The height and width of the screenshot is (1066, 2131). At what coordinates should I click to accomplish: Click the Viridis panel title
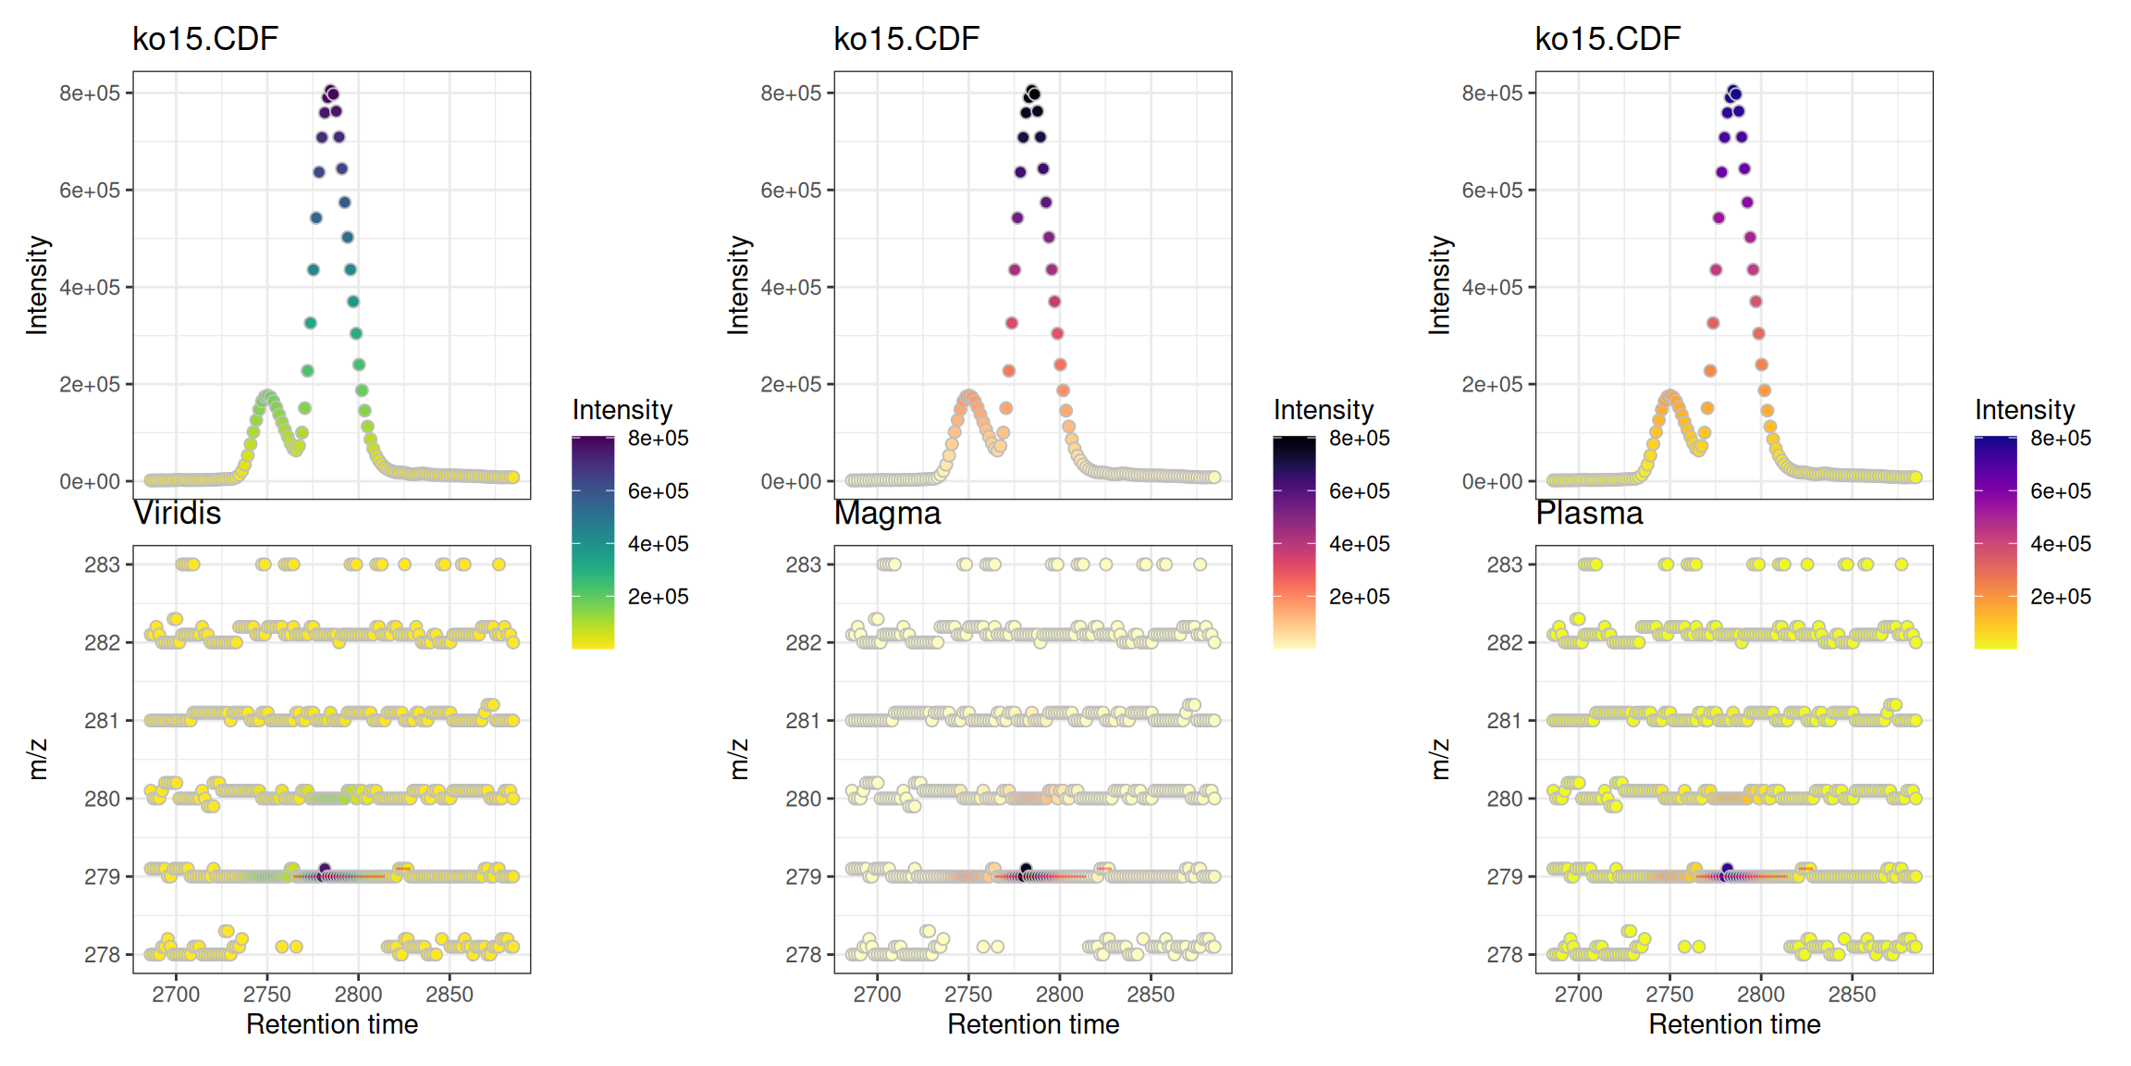click(x=177, y=513)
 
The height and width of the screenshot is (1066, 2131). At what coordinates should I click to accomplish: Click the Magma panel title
click(x=887, y=513)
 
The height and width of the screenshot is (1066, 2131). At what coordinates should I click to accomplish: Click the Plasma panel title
click(x=1589, y=513)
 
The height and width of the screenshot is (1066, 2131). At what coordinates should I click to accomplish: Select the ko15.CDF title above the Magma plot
click(x=905, y=39)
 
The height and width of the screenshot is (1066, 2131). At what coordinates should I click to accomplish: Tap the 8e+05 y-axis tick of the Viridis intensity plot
click(x=90, y=93)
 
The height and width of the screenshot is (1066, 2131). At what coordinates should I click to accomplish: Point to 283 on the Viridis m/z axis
click(x=102, y=564)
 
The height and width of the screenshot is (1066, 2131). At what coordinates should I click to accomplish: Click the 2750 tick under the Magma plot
click(x=967, y=995)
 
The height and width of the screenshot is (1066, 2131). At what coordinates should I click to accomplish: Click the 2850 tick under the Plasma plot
click(x=1852, y=995)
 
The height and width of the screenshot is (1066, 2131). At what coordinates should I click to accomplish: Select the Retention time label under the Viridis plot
click(x=331, y=1024)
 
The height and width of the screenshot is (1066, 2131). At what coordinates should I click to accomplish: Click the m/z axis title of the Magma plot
click(x=738, y=759)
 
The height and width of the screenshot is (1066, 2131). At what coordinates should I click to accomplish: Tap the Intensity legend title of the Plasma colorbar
click(x=2025, y=409)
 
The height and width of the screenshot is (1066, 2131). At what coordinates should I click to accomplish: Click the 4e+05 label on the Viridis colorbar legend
click(x=658, y=544)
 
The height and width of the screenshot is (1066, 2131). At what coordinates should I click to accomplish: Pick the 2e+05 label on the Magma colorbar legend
click(x=1359, y=597)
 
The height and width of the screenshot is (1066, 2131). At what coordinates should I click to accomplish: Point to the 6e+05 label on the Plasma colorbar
click(x=2060, y=491)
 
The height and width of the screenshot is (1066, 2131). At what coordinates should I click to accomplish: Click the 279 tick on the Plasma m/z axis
click(x=1504, y=876)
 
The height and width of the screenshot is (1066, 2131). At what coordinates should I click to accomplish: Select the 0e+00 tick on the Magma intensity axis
click(x=791, y=482)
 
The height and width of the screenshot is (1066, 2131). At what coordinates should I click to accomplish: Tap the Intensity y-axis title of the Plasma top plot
click(x=1439, y=285)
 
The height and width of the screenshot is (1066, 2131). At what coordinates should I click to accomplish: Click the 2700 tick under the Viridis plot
click(x=176, y=995)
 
